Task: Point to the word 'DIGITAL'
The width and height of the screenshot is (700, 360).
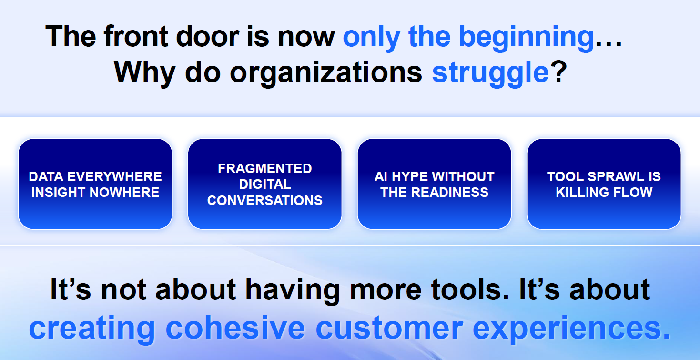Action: [265, 185]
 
